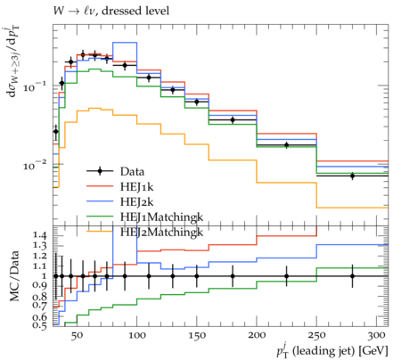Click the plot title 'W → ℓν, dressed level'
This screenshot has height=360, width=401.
(111, 12)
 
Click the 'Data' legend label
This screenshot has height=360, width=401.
(132, 172)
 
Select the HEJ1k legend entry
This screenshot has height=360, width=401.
(137, 186)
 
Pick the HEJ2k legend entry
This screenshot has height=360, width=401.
(137, 202)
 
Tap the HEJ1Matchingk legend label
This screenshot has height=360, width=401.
(161, 217)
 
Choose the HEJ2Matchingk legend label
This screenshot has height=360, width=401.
(161, 233)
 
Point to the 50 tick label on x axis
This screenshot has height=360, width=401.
(77, 336)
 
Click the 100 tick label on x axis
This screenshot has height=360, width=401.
(137, 336)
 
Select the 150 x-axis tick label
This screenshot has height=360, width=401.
(197, 336)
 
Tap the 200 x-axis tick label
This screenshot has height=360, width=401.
(257, 336)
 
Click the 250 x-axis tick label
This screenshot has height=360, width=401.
(316, 336)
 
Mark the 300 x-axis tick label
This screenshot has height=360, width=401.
(377, 336)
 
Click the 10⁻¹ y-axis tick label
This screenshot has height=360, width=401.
(35, 86)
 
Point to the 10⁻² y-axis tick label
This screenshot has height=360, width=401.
(35, 165)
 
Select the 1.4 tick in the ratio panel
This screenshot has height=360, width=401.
(39, 236)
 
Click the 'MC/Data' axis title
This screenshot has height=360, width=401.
(15, 276)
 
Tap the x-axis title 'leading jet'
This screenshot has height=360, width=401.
(323, 351)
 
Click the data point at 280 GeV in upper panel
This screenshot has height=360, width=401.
(352, 176)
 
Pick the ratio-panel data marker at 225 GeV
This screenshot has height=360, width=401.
(286, 276)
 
